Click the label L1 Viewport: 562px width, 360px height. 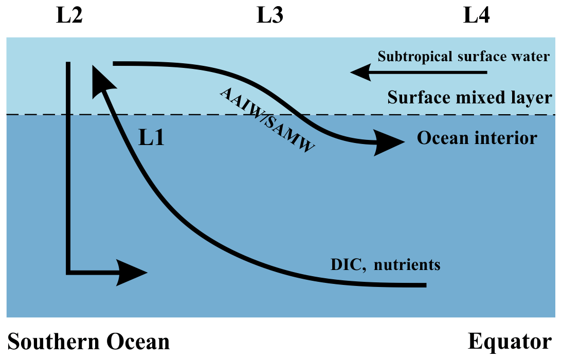(152, 138)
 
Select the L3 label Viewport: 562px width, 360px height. (269, 16)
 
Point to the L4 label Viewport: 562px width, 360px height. (476, 16)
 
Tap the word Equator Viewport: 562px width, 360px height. (510, 342)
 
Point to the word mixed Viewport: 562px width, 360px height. (473, 97)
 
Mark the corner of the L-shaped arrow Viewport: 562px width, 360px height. (68, 271)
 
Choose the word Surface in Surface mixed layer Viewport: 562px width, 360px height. (412, 97)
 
